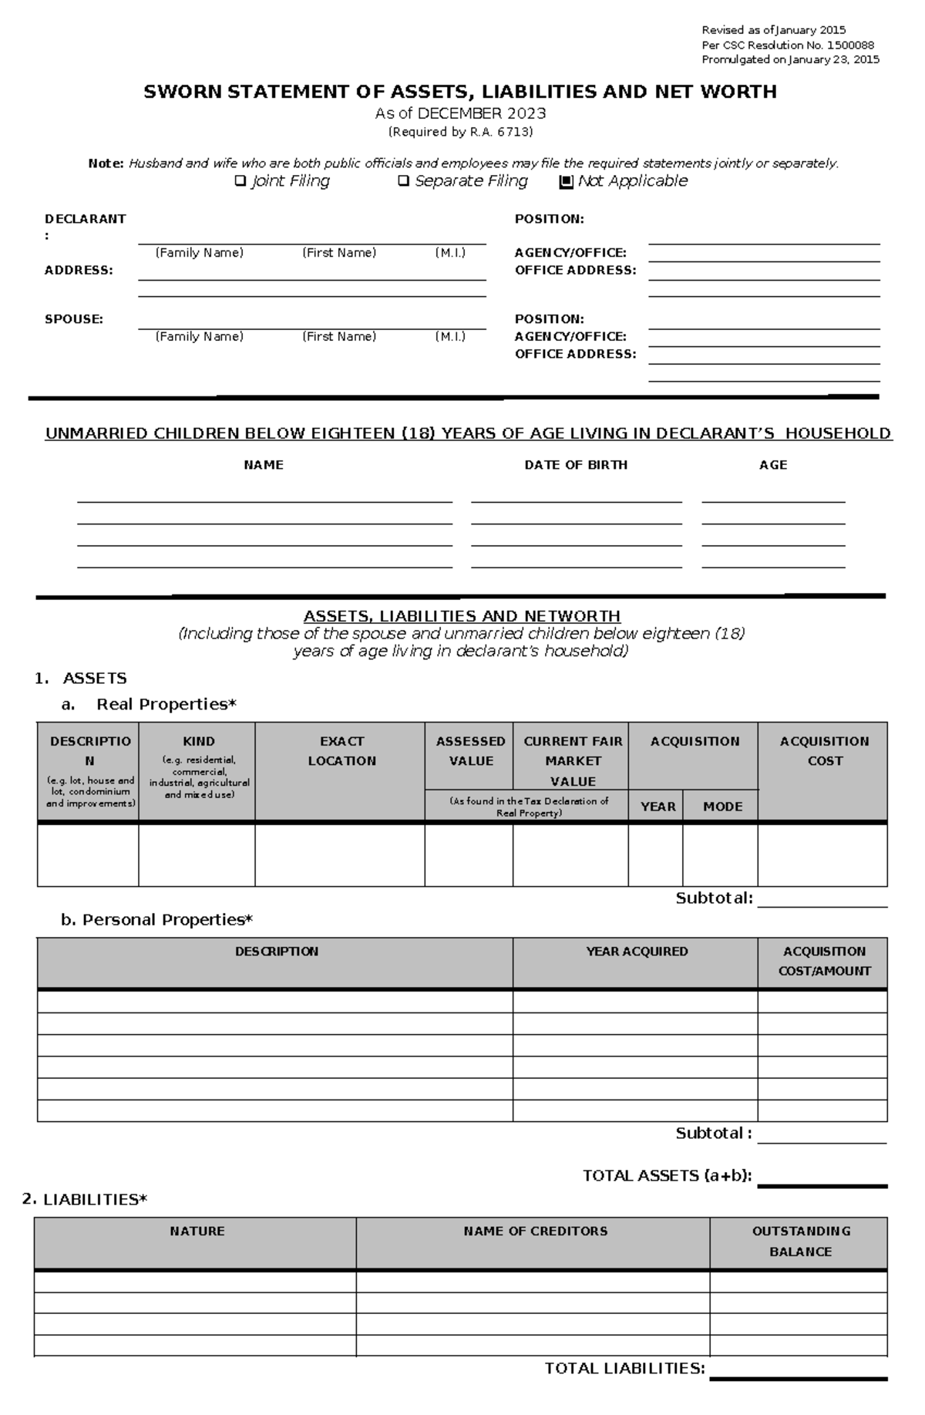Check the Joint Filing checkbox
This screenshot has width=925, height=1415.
tap(240, 181)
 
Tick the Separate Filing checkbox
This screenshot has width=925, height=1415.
tap(403, 181)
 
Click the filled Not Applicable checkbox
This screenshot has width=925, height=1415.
tap(566, 182)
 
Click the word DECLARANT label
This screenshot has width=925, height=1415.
tap(85, 219)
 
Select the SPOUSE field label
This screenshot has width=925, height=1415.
tap(73, 319)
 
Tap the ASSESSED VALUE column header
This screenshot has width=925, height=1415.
tap(470, 751)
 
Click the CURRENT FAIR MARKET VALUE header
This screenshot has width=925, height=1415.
tap(572, 761)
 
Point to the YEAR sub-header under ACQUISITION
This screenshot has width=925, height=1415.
tap(658, 807)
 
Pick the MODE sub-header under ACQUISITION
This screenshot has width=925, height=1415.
tap(722, 807)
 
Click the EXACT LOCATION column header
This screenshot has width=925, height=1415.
tap(341, 751)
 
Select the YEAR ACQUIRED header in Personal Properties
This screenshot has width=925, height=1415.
tap(637, 952)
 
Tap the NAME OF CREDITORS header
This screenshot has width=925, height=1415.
tap(535, 1231)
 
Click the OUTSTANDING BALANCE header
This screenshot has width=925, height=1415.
tap(800, 1241)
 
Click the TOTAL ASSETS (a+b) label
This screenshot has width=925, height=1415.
tap(667, 1176)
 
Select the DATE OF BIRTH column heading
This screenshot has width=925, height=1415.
tap(576, 465)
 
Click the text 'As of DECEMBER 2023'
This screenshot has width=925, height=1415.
tap(460, 113)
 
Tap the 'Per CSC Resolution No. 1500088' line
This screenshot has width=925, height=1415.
tap(787, 45)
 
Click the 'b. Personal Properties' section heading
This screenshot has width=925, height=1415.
tap(156, 920)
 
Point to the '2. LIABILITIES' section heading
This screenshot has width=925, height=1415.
tap(84, 1199)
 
